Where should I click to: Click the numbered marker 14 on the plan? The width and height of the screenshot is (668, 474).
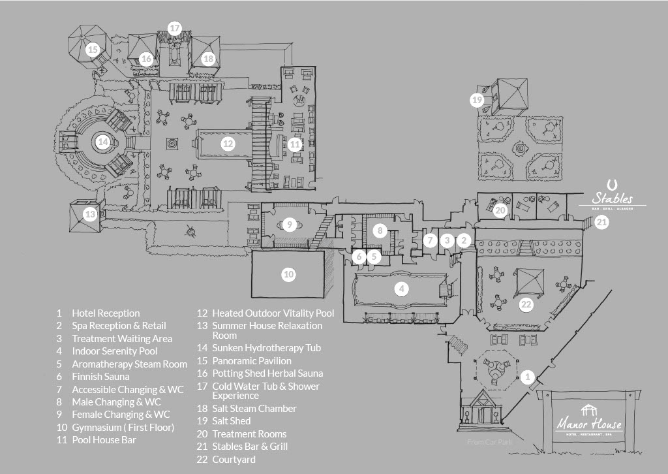pyautogui.click(x=102, y=141)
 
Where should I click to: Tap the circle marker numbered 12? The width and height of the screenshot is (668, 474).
pyautogui.click(x=227, y=144)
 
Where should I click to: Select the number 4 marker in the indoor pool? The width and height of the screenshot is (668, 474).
pyautogui.click(x=402, y=288)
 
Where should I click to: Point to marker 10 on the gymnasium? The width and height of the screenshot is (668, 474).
pyautogui.click(x=288, y=275)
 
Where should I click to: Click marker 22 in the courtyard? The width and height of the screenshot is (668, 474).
pyautogui.click(x=526, y=304)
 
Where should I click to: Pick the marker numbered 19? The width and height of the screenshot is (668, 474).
pyautogui.click(x=477, y=100)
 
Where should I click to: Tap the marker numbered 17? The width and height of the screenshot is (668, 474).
pyautogui.click(x=174, y=28)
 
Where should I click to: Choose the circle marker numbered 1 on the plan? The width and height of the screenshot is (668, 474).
pyautogui.click(x=528, y=377)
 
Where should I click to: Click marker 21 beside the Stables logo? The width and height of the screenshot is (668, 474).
pyautogui.click(x=601, y=222)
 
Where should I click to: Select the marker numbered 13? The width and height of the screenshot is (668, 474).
pyautogui.click(x=90, y=214)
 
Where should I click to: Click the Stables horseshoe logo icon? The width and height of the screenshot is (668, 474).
pyautogui.click(x=612, y=184)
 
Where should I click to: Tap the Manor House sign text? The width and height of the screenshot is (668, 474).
pyautogui.click(x=589, y=425)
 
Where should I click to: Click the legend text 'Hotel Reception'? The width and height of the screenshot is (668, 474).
pyautogui.click(x=106, y=313)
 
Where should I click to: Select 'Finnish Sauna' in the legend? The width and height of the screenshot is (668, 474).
pyautogui.click(x=100, y=377)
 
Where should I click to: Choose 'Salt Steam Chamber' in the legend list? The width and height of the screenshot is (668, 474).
pyautogui.click(x=254, y=409)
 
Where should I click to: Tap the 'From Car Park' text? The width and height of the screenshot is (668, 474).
pyautogui.click(x=489, y=443)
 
